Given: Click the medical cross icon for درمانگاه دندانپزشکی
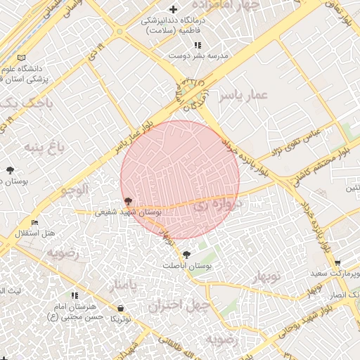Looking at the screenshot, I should [173, 9].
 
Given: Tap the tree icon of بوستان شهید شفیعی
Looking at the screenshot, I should [127, 201].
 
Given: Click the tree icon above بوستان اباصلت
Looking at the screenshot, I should [186, 255].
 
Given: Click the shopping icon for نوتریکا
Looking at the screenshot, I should [122, 308].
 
